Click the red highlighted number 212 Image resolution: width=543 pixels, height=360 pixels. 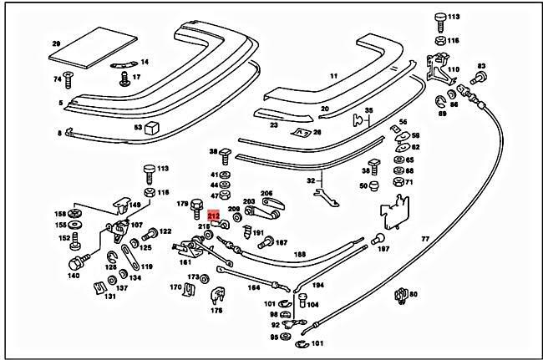click(213, 215)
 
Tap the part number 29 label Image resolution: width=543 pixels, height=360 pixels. click(57, 43)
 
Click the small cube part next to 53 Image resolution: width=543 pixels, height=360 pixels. click(151, 128)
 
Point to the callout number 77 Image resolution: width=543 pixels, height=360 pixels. click(424, 239)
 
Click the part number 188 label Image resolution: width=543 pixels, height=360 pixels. click(299, 255)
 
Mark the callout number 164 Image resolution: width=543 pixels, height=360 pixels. click(253, 288)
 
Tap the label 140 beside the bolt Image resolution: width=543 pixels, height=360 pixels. click(74, 276)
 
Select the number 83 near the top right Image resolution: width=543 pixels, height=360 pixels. click(481, 65)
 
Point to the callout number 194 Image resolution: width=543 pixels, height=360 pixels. click(317, 285)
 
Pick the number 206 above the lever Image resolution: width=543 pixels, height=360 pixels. click(266, 193)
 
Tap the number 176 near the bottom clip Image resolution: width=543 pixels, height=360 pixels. click(217, 311)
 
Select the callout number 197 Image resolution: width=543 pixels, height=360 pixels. click(383, 249)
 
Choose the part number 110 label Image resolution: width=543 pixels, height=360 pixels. click(454, 70)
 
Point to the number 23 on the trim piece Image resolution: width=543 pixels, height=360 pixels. click(273, 125)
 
